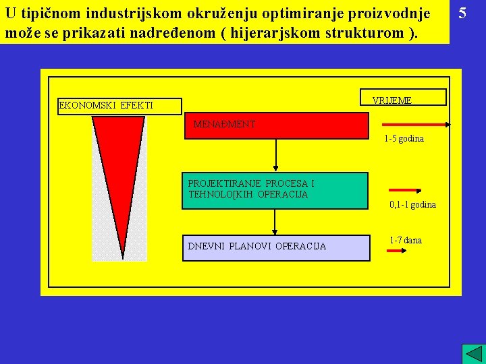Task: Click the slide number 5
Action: [x=462, y=13]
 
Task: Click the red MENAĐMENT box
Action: [x=277, y=125]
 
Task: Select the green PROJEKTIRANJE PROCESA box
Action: [x=275, y=190]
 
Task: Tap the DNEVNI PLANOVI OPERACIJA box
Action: [x=275, y=247]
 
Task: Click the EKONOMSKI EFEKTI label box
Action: [x=119, y=106]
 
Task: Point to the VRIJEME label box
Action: [x=403, y=98]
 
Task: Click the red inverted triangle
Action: [x=118, y=175]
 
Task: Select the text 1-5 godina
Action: [x=404, y=139]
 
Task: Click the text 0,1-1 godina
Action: [x=412, y=204]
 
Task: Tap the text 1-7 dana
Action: [x=405, y=240]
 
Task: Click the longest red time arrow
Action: [x=416, y=125]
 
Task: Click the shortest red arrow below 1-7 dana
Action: [x=395, y=251]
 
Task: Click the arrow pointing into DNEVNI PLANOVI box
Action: [x=275, y=222]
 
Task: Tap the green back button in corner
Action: [x=473, y=354]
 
